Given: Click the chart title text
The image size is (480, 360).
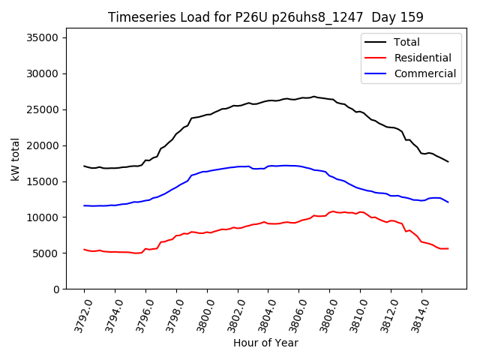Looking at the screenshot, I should (265, 17).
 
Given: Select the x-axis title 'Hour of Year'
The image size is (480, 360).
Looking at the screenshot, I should (265, 343).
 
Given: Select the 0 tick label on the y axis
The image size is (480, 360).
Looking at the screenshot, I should (56, 289).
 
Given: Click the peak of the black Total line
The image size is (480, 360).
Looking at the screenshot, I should (314, 97).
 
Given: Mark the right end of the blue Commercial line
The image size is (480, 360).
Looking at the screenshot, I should (448, 202).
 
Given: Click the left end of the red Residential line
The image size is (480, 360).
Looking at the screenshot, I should (84, 250).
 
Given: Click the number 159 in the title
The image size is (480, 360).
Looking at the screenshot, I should (411, 17).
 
